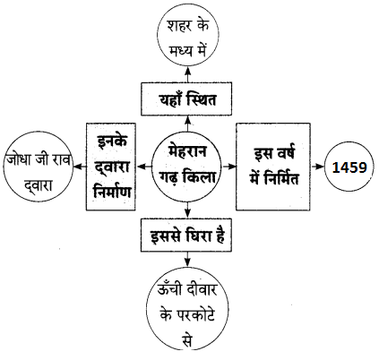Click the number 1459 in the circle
[349, 167]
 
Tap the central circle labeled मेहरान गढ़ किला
[187, 167]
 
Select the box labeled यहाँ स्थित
[186, 99]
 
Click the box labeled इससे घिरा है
[186, 235]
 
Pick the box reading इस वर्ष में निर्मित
[273, 167]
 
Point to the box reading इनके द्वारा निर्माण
[111, 167]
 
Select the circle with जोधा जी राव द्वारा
[38, 167]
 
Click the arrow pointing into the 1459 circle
[317, 167]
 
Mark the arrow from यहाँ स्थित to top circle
[187, 75]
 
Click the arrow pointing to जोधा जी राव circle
[80, 167]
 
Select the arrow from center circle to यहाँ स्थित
[187, 124]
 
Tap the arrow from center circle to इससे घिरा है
[187, 210]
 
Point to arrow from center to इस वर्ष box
[229, 167]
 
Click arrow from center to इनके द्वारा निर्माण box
[144, 167]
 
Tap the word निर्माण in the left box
[112, 191]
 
